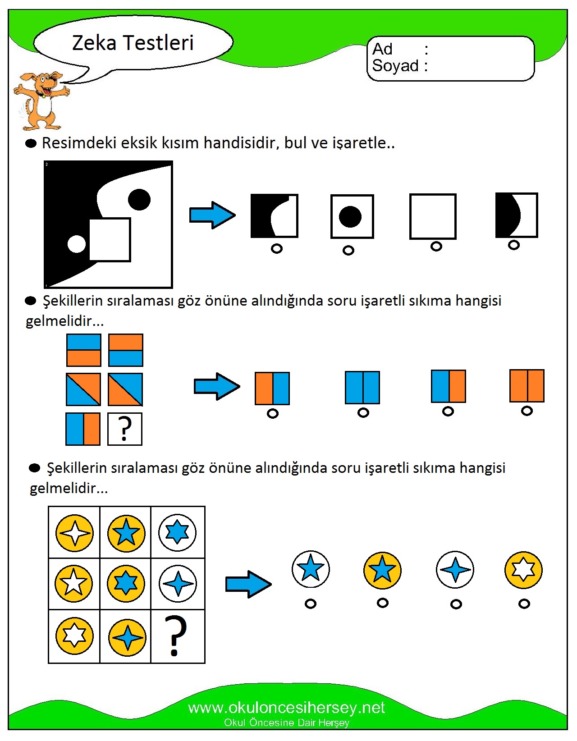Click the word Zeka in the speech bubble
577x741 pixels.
pyautogui.click(x=94, y=43)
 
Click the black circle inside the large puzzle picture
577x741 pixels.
pyautogui.click(x=139, y=200)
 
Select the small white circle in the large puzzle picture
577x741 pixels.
pyautogui.click(x=77, y=244)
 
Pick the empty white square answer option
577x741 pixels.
pyautogui.click(x=433, y=216)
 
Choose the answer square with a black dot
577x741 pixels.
pyautogui.click(x=352, y=216)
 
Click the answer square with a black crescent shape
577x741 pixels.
pyautogui.click(x=516, y=215)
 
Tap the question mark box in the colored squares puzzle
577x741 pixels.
pyautogui.click(x=125, y=429)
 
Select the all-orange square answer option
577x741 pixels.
pyautogui.click(x=527, y=386)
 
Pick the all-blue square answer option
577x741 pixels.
pyautogui.click(x=362, y=388)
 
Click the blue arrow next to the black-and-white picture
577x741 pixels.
pyautogui.click(x=212, y=215)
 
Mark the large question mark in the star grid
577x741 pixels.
pyautogui.click(x=177, y=636)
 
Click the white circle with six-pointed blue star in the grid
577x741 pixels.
pyautogui.click(x=177, y=532)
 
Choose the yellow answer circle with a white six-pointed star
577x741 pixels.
pyautogui.click(x=523, y=570)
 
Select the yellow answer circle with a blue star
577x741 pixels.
pyautogui.click(x=382, y=570)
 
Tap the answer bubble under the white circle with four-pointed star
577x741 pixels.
pyautogui.click(x=456, y=604)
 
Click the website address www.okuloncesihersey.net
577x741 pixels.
pyautogui.click(x=286, y=708)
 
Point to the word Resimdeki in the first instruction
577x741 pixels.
pyautogui.click(x=71, y=143)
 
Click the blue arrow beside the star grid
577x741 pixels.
pyautogui.click(x=248, y=584)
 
